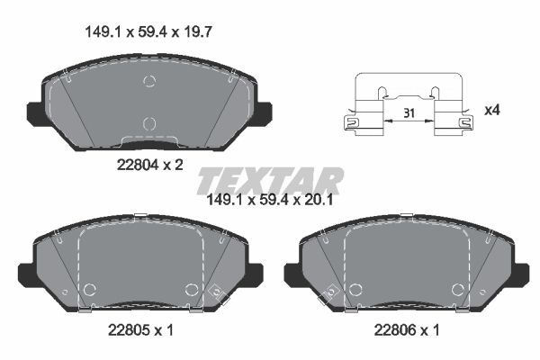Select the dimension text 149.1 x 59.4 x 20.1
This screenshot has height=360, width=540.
pyautogui.click(x=271, y=201)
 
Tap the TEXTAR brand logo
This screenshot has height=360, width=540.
pyautogui.click(x=270, y=180)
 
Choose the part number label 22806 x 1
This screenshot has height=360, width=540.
pyautogui.click(x=406, y=330)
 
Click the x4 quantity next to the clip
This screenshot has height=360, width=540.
pyautogui.click(x=492, y=111)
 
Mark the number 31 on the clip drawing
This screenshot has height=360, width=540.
pyautogui.click(x=409, y=114)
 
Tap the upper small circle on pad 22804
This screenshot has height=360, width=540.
pyautogui.click(x=149, y=82)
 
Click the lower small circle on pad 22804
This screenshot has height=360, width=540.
pyautogui.click(x=149, y=122)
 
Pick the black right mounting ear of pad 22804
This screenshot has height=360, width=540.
pyautogui.click(x=263, y=113)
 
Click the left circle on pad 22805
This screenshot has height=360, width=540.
pyautogui.click(x=89, y=289)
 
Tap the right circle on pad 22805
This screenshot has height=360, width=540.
pyautogui.click(x=191, y=289)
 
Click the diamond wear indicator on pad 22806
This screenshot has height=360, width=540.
pyautogui.click(x=330, y=292)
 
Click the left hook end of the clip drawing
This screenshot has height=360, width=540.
pyautogui.click(x=350, y=123)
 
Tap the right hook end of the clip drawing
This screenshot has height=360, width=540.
pyautogui.click(x=465, y=123)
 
